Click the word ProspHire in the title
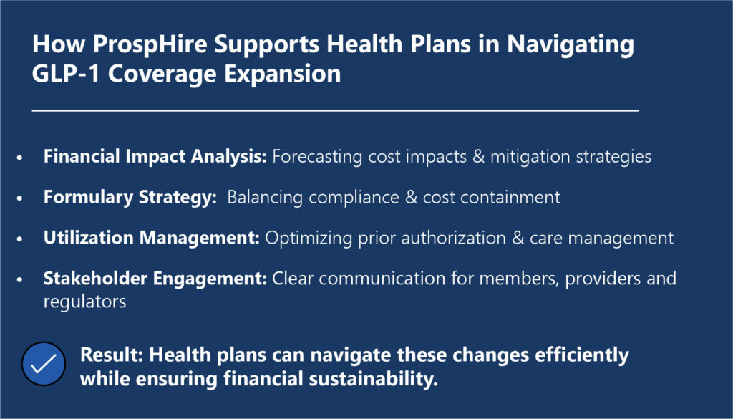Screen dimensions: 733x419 (x=150, y=45)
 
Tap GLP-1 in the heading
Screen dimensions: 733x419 (x=66, y=74)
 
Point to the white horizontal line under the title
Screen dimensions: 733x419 (x=335, y=111)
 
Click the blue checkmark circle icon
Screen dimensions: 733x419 (x=44, y=364)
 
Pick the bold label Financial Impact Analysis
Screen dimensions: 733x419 (x=155, y=157)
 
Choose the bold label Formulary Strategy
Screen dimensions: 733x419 (x=130, y=198)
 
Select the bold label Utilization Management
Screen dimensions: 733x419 (x=152, y=238)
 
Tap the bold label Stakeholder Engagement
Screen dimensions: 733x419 (x=155, y=279)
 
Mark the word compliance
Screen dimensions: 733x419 (x=354, y=198)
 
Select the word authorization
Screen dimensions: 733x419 (x=453, y=238)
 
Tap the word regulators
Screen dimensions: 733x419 (x=84, y=302)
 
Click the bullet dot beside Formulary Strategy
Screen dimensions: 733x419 (x=19, y=198)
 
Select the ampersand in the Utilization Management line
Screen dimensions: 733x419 (x=518, y=239)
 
